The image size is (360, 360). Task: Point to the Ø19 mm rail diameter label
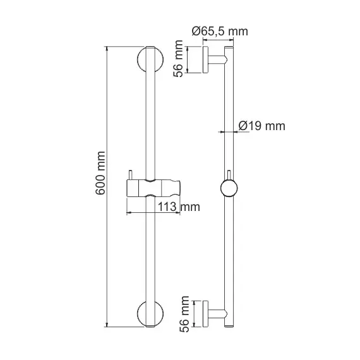click(x=262, y=126)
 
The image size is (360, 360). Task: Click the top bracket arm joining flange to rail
click(x=217, y=61)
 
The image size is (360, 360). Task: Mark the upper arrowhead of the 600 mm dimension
click(x=109, y=49)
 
